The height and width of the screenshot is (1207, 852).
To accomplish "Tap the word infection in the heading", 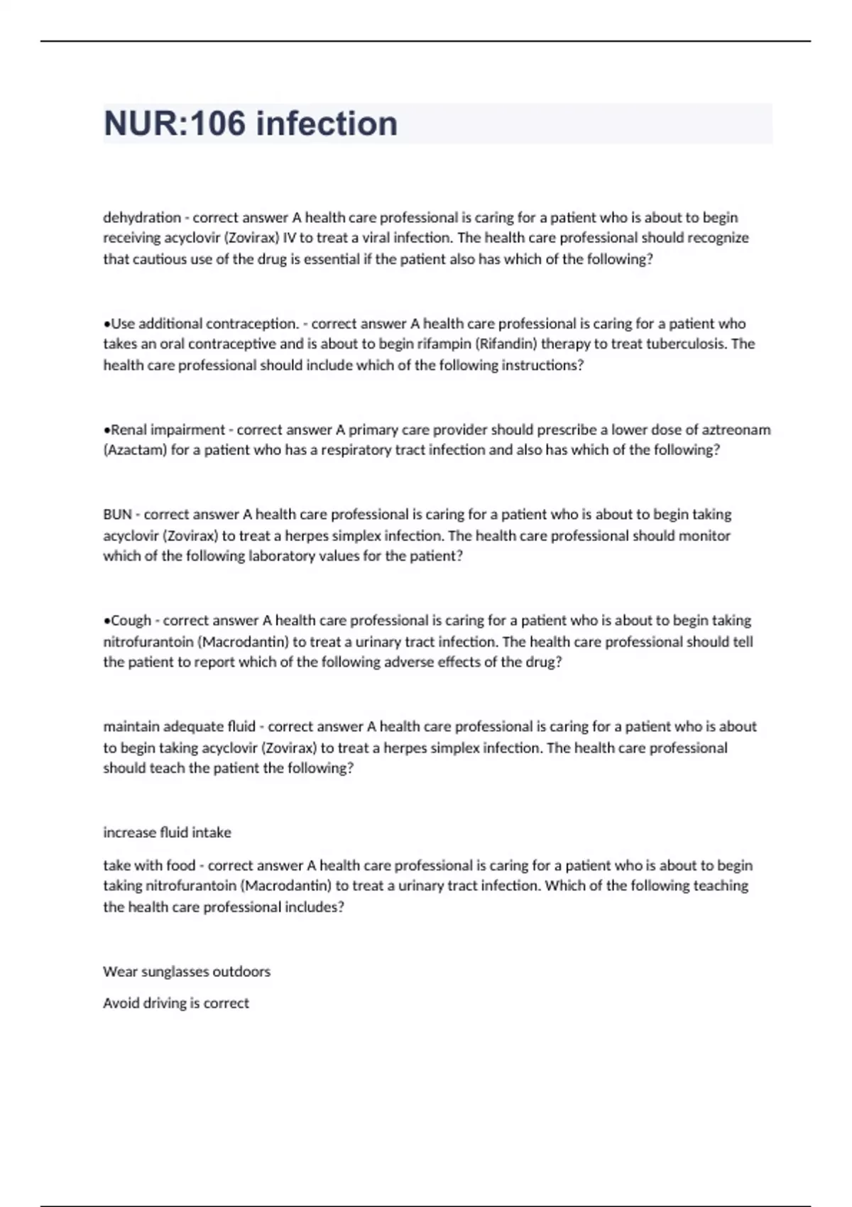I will [327, 124].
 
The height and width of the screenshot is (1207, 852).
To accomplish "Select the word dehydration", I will [142, 217].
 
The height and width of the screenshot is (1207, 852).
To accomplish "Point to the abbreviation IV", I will [289, 238].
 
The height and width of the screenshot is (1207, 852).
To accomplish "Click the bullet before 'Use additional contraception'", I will [106, 324].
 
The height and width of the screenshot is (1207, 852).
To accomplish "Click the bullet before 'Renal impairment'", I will [106, 430].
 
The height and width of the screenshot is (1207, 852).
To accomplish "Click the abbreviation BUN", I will [117, 514].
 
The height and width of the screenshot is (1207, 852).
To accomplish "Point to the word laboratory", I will [283, 556].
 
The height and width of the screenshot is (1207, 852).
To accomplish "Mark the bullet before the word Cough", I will [106, 621].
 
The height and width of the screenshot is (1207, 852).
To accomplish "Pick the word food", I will [180, 865].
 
